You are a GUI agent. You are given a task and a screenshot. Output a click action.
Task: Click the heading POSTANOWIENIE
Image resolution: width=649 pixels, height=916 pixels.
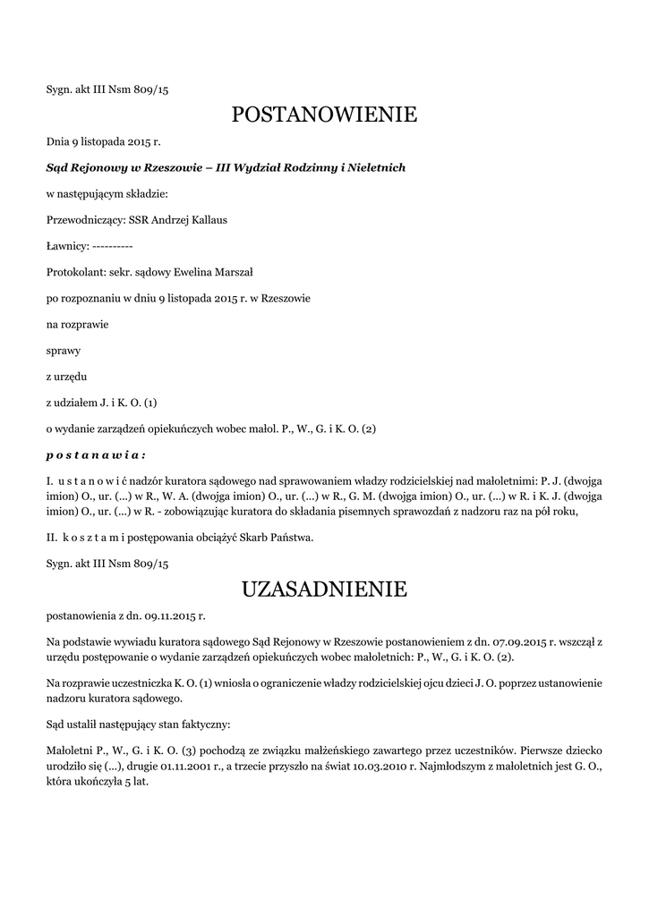tap(324, 114)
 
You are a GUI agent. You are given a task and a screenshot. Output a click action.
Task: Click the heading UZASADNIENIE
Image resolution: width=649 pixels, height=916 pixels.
tap(324, 589)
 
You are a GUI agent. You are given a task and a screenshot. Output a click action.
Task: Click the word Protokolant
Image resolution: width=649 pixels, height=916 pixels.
tap(73, 271)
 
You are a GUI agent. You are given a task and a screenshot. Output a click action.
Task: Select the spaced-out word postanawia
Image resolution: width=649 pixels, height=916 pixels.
tap(96, 454)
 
